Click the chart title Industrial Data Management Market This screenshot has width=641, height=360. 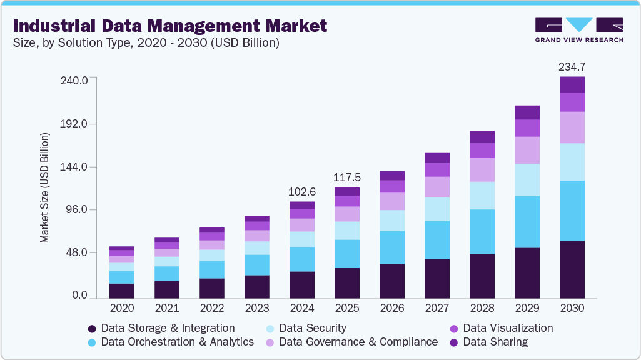point(169,26)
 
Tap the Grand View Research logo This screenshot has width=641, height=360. point(579,30)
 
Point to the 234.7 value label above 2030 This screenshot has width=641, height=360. point(572,66)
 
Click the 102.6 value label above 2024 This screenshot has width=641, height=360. point(302,191)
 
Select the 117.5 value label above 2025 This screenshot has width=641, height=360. point(347,177)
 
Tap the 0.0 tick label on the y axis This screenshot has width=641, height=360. point(79,296)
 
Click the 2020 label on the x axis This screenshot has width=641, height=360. point(121,308)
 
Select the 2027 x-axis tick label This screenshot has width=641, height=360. point(437,308)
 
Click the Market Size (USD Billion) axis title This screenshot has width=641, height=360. point(44,188)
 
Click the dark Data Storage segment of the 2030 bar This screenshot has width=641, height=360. point(572,269)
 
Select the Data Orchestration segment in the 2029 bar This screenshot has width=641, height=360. point(527,222)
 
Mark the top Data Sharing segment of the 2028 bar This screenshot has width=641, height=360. point(482,136)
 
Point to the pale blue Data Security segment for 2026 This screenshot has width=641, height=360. point(392,221)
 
